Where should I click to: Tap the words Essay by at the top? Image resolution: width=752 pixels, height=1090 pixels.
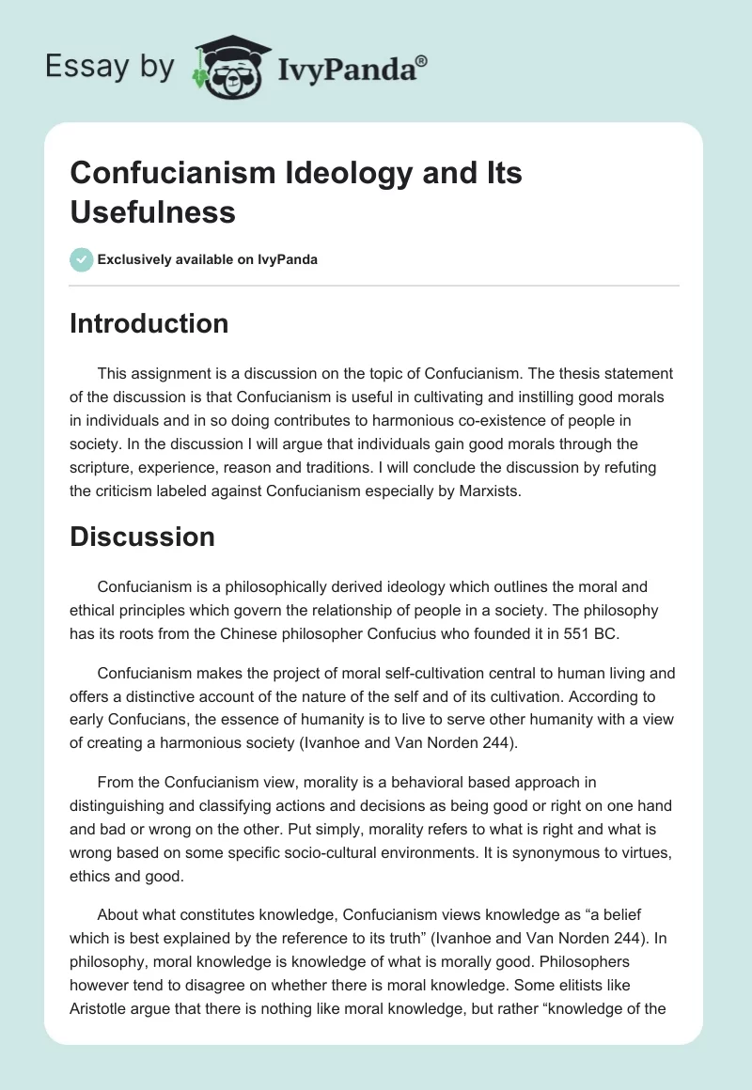click(x=109, y=67)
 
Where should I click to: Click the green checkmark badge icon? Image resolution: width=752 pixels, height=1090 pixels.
click(x=81, y=259)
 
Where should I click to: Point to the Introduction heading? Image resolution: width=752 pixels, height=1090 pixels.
click(x=149, y=323)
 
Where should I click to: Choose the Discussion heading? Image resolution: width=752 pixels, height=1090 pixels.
click(x=142, y=537)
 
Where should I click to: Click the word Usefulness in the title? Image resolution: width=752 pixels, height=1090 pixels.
click(x=152, y=212)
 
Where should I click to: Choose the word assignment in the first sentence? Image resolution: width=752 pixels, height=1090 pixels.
click(x=172, y=374)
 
